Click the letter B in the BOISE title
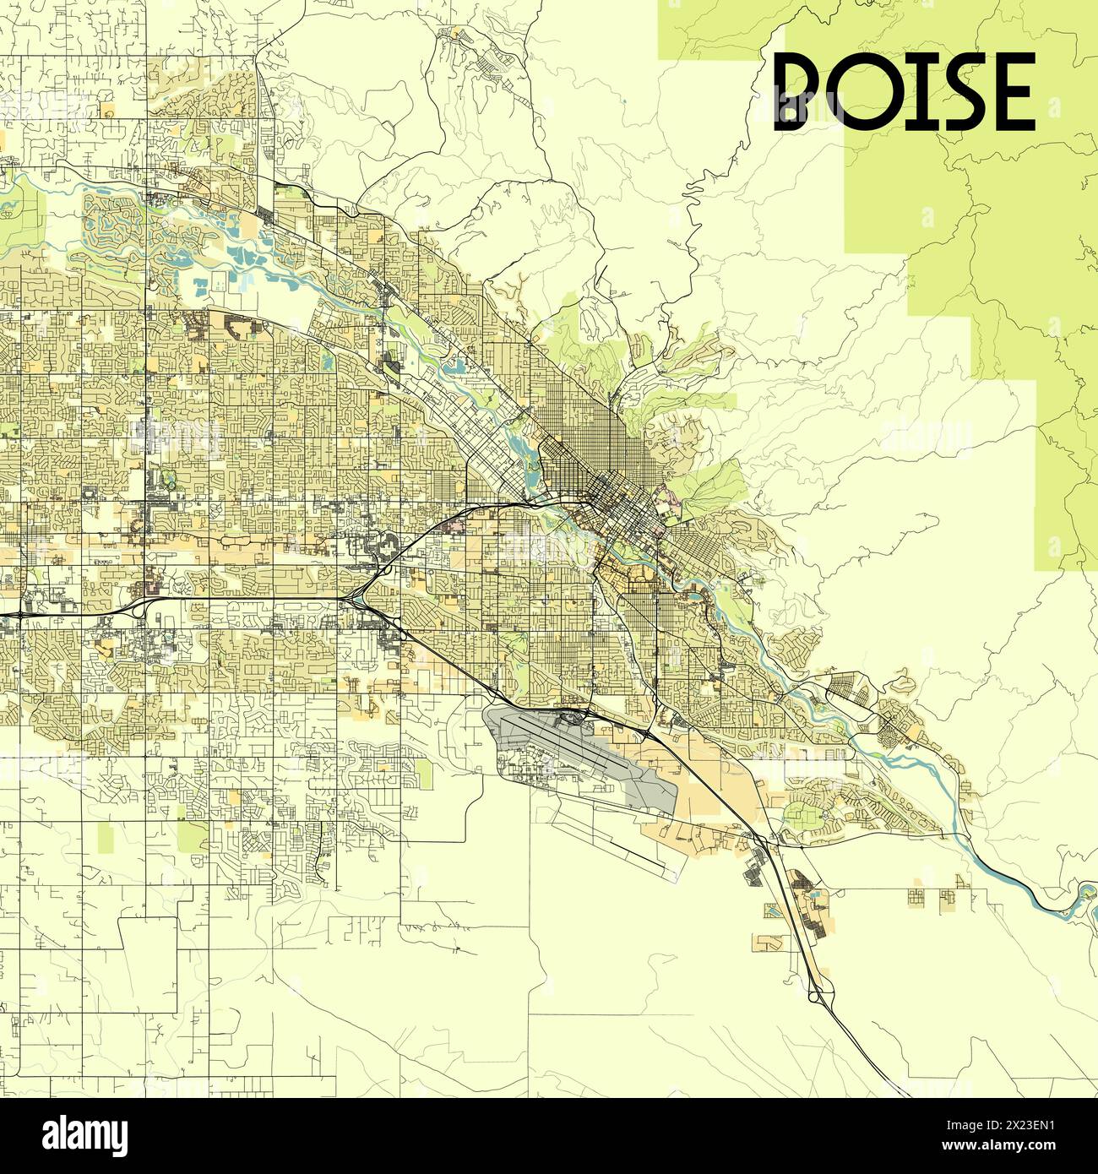tap(802, 91)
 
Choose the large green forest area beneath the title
tap(997, 253)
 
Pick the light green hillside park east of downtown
tap(714, 481)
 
